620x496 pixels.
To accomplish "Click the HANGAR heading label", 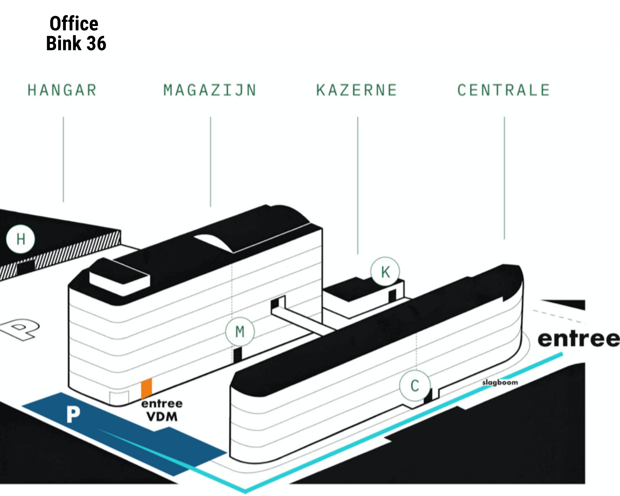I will click(62, 90).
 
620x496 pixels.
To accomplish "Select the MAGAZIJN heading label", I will click(210, 90).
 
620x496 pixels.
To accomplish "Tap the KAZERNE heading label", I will click(356, 90).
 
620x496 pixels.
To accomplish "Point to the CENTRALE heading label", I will click(504, 90).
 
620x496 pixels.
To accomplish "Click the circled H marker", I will click(20, 239).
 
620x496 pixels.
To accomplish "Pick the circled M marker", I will click(240, 331).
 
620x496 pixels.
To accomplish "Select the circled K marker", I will click(385, 272).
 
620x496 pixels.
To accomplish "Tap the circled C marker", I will click(415, 386).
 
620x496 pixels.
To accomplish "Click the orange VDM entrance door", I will click(146, 388).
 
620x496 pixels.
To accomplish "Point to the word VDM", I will click(162, 417).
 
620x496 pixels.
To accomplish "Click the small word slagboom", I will click(500, 382).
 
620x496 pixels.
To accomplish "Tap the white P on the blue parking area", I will click(73, 414).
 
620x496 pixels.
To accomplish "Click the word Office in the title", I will click(74, 24).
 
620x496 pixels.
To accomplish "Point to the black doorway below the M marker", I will click(237, 354).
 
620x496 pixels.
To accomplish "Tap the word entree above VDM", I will click(162, 403).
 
